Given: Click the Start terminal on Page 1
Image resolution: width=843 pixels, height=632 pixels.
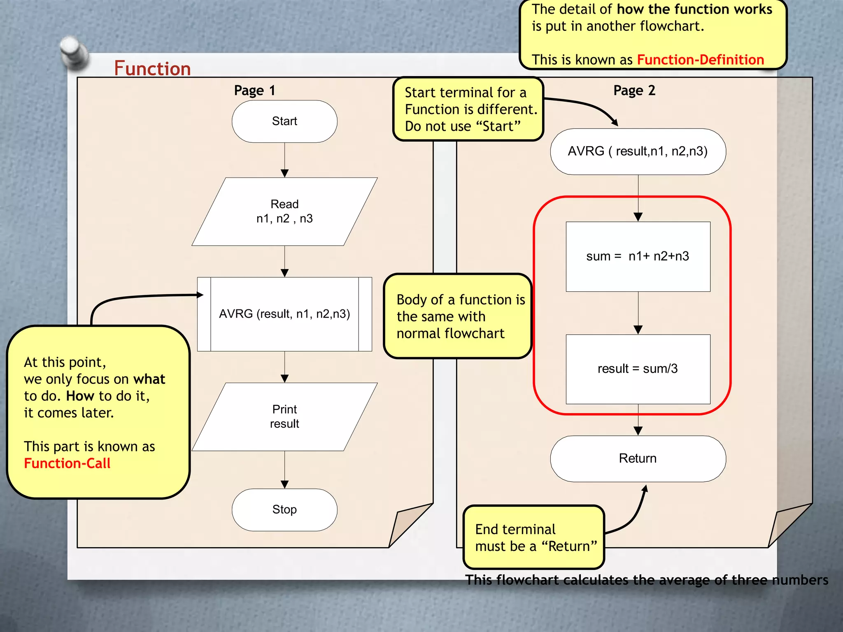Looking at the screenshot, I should tap(284, 121).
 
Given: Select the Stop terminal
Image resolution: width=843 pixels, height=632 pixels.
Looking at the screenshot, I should tap(284, 509).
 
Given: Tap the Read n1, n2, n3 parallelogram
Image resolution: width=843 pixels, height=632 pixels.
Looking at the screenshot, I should tap(284, 211).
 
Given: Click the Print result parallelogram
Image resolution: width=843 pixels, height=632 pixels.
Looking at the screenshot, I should tap(284, 416).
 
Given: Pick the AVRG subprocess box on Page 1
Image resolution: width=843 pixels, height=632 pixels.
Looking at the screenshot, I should tap(284, 314).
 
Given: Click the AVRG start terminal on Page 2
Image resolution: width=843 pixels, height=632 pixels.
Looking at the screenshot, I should tap(638, 151).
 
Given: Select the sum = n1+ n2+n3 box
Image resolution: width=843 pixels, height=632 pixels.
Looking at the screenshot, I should tap(638, 256).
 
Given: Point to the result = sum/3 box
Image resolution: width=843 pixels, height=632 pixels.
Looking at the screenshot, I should tap(638, 369).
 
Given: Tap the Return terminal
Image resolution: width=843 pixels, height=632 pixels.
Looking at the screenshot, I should tap(638, 458).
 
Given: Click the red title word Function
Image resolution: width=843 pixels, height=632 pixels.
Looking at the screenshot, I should tap(152, 68).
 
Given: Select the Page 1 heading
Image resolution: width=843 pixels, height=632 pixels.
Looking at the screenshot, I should tap(254, 91).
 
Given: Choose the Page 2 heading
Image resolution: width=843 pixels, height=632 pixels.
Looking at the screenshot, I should tap(634, 91).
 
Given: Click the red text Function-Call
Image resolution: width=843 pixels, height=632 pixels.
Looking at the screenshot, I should tap(67, 463).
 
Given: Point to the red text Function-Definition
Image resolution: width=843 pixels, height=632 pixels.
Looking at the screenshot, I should tap(700, 60).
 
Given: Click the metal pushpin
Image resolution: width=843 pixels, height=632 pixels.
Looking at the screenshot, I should tap(73, 51).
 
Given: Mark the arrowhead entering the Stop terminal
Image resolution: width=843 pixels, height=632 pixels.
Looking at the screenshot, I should tap(284, 484).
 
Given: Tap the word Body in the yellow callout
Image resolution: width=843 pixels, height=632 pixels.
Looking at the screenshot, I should tap(411, 300).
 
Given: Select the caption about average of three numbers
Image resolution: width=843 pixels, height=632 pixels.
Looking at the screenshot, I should tap(646, 580).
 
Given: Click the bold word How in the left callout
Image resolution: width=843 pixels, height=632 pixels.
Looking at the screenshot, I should tap(80, 396).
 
